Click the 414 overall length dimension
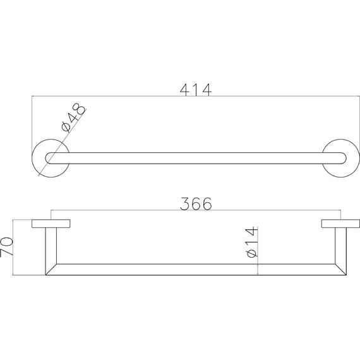point(196,90)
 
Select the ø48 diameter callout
point(73,117)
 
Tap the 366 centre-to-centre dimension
point(196,203)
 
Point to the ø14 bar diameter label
point(251,241)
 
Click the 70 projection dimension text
point(6,247)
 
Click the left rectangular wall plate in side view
point(51,224)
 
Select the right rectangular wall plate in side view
point(340,224)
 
